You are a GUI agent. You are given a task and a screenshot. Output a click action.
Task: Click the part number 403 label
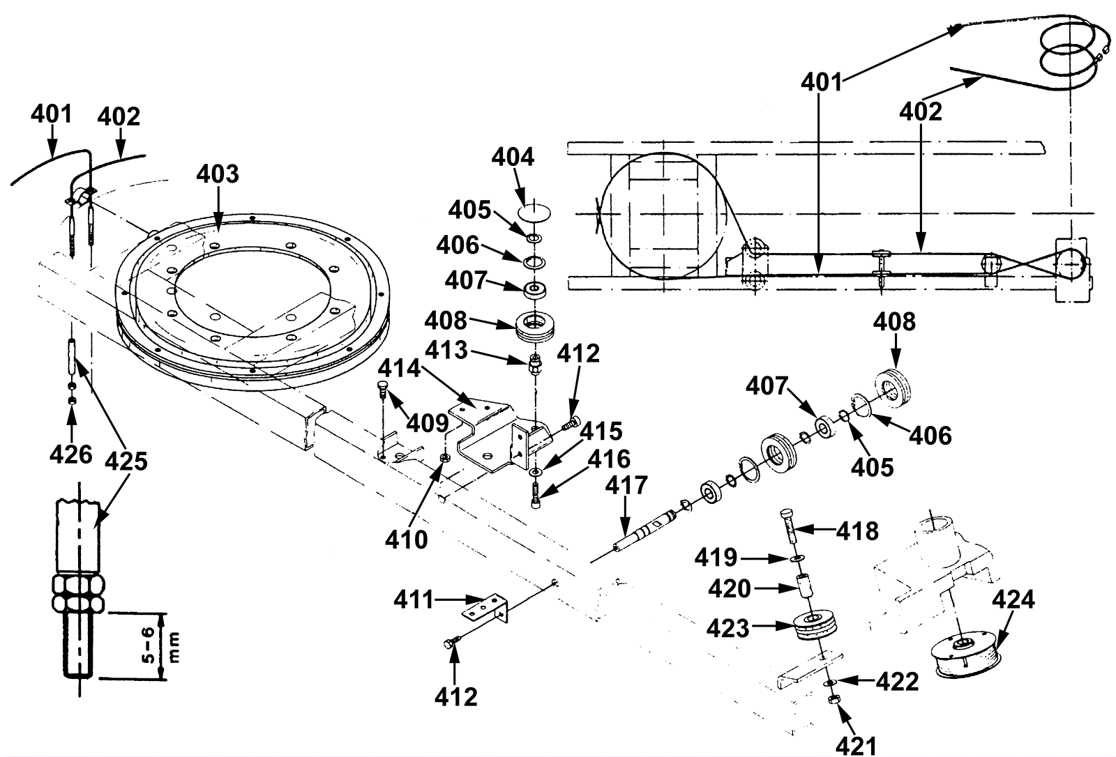pyautogui.click(x=217, y=174)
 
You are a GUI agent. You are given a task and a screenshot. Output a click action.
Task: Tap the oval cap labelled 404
pyautogui.click(x=534, y=213)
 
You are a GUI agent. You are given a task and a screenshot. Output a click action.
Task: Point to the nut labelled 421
pyautogui.click(x=833, y=700)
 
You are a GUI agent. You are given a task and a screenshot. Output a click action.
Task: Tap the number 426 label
pyautogui.click(x=70, y=454)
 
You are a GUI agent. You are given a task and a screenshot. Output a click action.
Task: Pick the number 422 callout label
pyautogui.click(x=898, y=681)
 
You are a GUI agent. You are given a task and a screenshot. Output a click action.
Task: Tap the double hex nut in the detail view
pyautogui.click(x=77, y=594)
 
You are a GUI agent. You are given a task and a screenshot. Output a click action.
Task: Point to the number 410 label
pyautogui.click(x=407, y=539)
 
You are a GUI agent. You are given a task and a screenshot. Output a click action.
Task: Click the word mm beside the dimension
pyautogui.click(x=174, y=647)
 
